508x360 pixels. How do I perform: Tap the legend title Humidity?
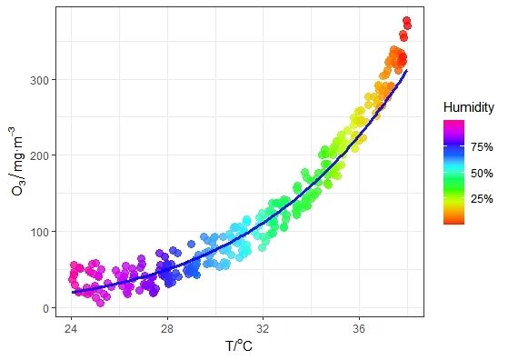click(468, 107)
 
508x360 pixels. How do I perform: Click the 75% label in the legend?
click(482, 147)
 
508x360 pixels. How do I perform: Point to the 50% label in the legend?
click(482, 173)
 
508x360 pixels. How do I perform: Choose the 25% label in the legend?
click(482, 198)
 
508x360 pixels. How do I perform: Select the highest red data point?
click(406, 21)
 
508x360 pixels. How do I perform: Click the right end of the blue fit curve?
click(407, 71)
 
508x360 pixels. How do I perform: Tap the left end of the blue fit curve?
click(73, 292)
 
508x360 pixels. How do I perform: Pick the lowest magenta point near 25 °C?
click(100, 302)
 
